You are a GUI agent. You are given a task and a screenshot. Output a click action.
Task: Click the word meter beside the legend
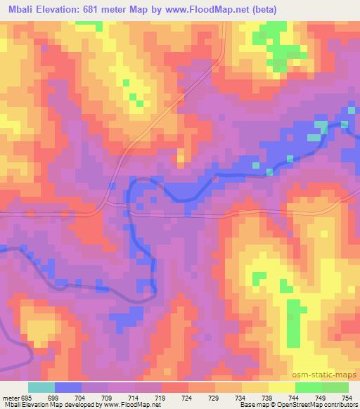[x=10, y=397]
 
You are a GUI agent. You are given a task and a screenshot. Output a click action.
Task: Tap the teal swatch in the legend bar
[x=41, y=387]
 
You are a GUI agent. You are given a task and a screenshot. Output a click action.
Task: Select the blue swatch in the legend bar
[x=67, y=387]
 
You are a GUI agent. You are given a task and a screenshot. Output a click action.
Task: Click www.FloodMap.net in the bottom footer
[x=137, y=405]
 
